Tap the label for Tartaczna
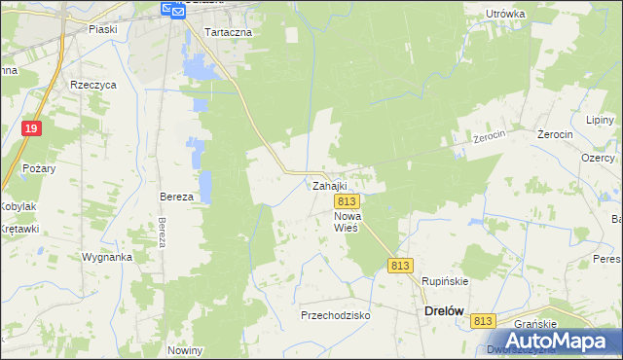tap(229, 32)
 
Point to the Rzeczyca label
tap(93, 85)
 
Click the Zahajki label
tap(329, 185)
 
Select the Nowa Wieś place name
tap(348, 221)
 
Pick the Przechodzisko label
tap(336, 315)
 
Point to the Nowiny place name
tap(184, 350)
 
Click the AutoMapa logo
tap(551, 341)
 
